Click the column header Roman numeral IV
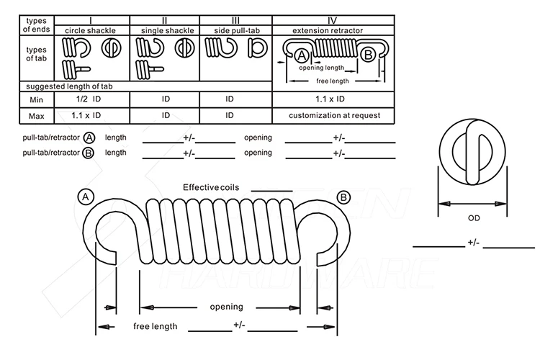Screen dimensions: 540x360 tap(333, 20)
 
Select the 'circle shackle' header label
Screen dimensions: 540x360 tap(90, 31)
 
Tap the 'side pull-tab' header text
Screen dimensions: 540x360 tap(237, 31)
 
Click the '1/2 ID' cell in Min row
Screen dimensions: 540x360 tap(89, 99)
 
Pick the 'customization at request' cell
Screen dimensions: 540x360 tap(334, 115)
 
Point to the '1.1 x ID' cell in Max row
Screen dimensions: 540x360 tap(86, 115)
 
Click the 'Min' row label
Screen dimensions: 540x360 tap(36, 100)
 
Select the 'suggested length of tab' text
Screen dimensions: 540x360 tap(69, 86)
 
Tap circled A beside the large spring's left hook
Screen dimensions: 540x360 tap(86, 197)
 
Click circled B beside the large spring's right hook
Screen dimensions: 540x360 tap(343, 198)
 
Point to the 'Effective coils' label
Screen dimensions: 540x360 tap(211, 187)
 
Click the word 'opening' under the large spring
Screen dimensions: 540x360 tap(227, 307)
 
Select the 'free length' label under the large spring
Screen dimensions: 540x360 tap(156, 326)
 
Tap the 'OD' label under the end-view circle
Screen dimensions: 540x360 tap(474, 218)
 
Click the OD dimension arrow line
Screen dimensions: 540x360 tap(472, 204)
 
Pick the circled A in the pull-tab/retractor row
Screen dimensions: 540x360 tap(89, 138)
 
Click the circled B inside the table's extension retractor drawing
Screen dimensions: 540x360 tap(368, 55)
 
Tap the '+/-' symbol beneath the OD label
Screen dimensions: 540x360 tap(474, 243)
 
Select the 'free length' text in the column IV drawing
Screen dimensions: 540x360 tap(333, 81)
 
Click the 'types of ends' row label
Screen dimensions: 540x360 tap(37, 24)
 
